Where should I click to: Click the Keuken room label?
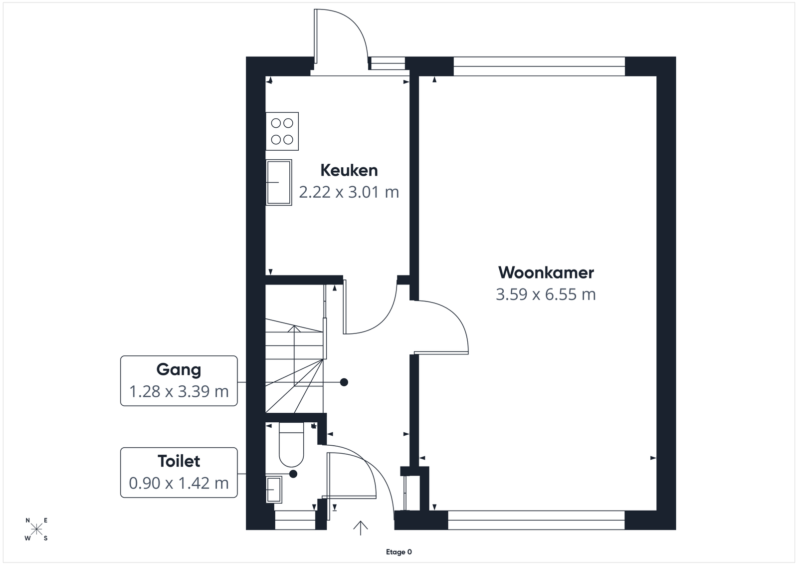[x=349, y=170]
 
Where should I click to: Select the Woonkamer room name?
[x=546, y=273]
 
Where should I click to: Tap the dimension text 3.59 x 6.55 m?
[x=546, y=294]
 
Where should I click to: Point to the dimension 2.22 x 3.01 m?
[x=349, y=192]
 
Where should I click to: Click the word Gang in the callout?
[x=179, y=370]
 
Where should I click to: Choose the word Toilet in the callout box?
[x=179, y=461]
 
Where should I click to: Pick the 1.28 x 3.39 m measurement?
[x=179, y=391]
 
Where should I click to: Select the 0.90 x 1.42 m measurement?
[x=179, y=483]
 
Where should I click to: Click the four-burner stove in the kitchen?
[x=282, y=131]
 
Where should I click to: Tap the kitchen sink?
[x=279, y=182]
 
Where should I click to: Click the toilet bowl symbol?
[x=291, y=445]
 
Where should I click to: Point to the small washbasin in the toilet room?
[x=274, y=490]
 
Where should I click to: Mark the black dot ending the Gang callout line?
[x=344, y=382]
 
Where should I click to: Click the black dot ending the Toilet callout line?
[x=293, y=474]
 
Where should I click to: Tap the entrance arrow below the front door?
[x=361, y=528]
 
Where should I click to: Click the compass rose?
[x=36, y=530]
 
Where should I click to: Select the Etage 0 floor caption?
[x=399, y=552]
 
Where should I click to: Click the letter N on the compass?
[x=28, y=521]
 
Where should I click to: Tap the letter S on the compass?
[x=45, y=538]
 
